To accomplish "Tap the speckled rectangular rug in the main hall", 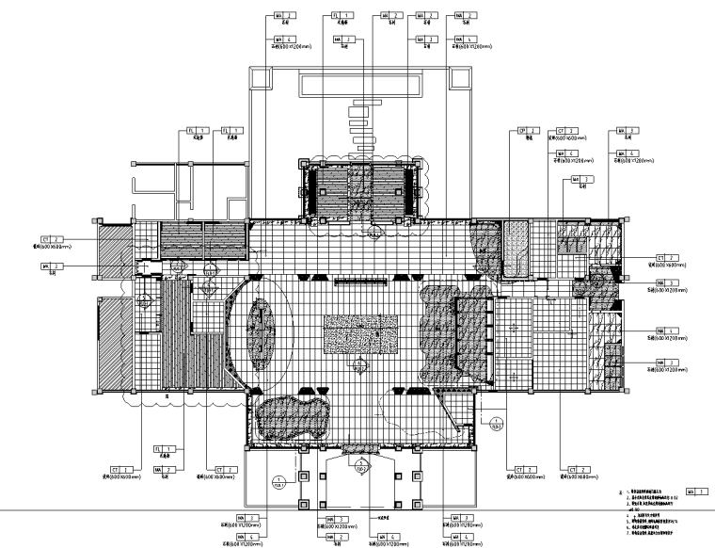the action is click(361, 334).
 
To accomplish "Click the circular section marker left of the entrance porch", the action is click(277, 486).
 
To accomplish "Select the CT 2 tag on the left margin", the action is click(53, 240).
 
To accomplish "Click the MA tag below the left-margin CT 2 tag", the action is click(53, 266).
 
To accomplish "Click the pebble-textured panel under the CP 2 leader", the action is click(516, 240).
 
